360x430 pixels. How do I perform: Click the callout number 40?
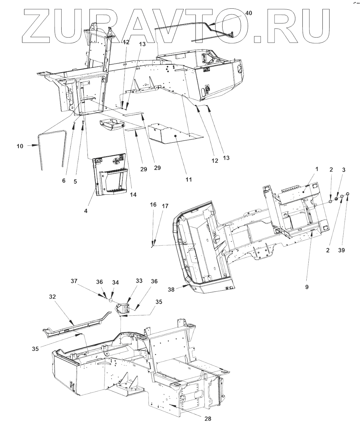coord(249,13)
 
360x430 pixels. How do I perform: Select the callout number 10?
coord(20,146)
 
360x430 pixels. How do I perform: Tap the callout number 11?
coord(189,179)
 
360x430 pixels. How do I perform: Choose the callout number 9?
coord(307,287)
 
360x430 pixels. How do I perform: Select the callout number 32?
coord(53,297)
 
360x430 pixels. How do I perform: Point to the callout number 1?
coord(316,169)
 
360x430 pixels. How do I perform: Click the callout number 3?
coord(343,170)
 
